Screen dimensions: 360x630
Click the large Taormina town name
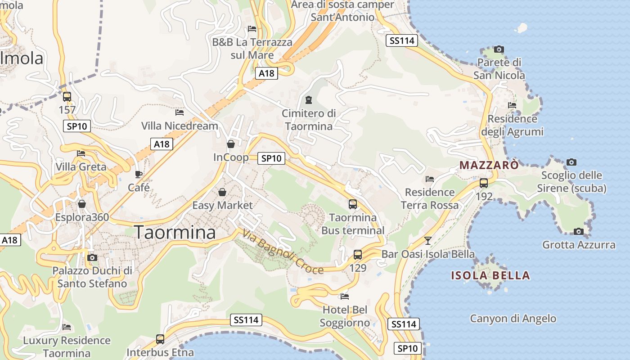tap(175, 233)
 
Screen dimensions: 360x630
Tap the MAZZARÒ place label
tap(489, 165)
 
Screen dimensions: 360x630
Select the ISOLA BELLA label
tap(490, 275)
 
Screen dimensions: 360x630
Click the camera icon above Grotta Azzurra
tap(579, 232)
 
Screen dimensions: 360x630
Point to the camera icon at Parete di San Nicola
tap(499, 49)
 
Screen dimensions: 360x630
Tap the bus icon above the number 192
tap(484, 183)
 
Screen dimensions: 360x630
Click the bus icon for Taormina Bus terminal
tap(353, 204)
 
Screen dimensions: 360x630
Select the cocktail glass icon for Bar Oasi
tap(428, 241)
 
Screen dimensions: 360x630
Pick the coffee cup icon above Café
tap(139, 174)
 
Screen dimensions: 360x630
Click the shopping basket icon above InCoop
tap(231, 144)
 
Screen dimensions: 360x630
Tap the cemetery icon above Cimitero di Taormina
tap(308, 99)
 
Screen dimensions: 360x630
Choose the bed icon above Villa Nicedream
tap(180, 112)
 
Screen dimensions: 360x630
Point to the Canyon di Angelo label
tap(513, 319)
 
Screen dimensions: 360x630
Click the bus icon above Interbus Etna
tap(160, 339)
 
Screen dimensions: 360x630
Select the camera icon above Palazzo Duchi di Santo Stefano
tap(92, 257)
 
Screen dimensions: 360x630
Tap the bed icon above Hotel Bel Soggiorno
tap(345, 297)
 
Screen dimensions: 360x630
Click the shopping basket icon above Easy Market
tap(222, 192)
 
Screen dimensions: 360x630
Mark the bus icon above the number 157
tap(67, 96)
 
